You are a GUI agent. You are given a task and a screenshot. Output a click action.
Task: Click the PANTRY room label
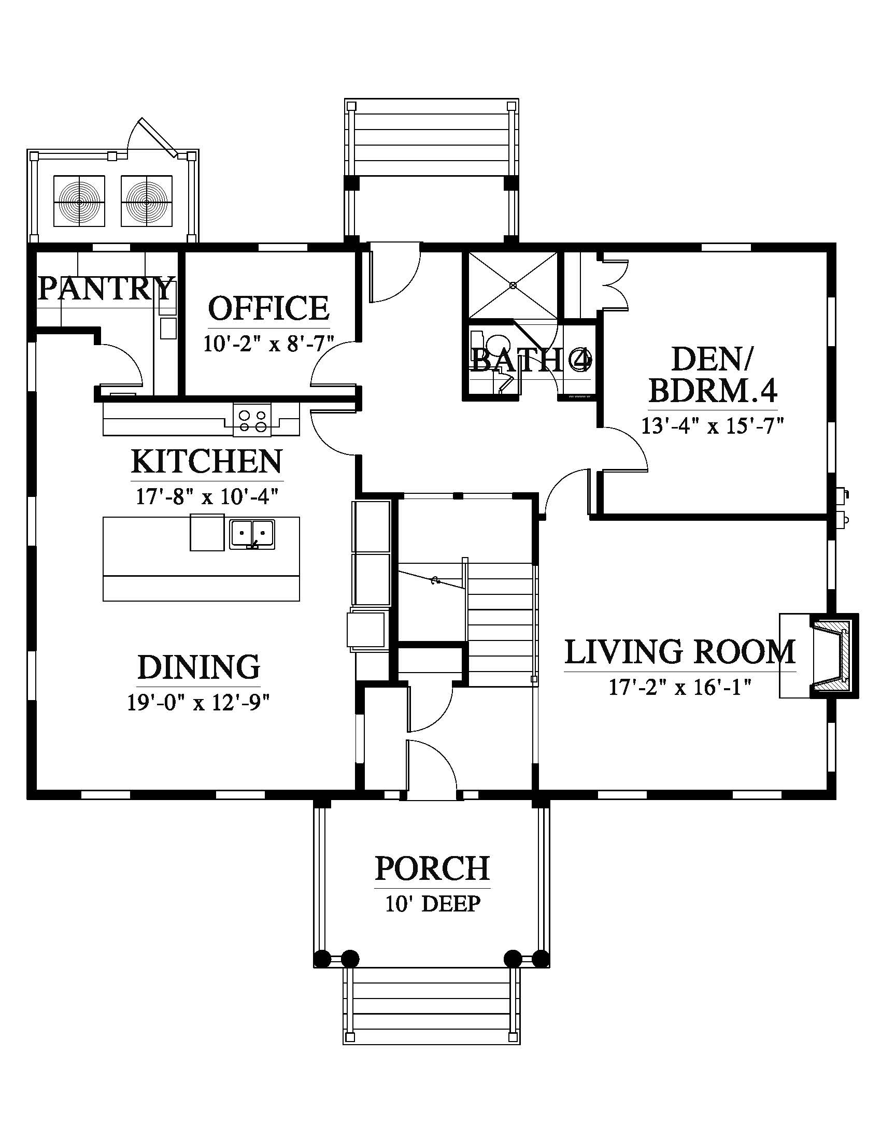click(105, 289)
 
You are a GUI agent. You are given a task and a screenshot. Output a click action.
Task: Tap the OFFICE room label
click(269, 308)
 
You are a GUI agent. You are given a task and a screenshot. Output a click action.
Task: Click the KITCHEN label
click(207, 461)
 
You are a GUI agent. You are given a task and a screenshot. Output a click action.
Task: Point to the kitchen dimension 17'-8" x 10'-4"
click(207, 496)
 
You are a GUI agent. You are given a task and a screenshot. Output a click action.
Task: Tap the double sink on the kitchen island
click(252, 534)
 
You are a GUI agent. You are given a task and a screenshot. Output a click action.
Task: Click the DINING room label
click(199, 667)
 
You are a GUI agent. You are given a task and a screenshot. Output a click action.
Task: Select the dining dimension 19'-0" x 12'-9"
click(198, 703)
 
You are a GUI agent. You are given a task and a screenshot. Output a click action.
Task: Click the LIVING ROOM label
click(680, 652)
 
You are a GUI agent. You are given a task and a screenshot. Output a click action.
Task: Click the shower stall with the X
click(513, 285)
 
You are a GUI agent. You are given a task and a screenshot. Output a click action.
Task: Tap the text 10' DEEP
click(433, 904)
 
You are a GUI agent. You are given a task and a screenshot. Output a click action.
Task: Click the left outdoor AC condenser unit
click(79, 201)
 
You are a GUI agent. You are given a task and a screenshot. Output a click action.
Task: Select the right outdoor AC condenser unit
click(147, 201)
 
